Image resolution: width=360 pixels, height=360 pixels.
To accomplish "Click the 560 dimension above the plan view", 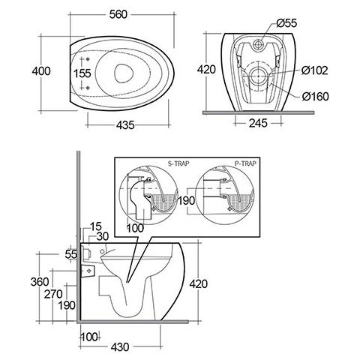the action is [118, 14].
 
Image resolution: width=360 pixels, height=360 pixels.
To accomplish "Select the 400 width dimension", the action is [41, 71].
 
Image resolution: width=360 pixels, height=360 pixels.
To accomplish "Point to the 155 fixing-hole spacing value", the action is [82, 73].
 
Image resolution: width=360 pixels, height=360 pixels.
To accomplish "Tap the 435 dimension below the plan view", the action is [125, 125].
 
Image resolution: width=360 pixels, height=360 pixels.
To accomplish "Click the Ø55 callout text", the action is [286, 23].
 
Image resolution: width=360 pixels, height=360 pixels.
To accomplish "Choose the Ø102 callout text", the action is [314, 70].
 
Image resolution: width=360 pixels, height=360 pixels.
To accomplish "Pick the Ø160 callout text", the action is [315, 97].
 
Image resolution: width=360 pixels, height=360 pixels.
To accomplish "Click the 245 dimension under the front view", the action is [258, 123].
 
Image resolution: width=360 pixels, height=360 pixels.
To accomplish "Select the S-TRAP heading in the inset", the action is [178, 163].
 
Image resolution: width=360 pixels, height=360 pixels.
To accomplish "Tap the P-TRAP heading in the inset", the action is [245, 163].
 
